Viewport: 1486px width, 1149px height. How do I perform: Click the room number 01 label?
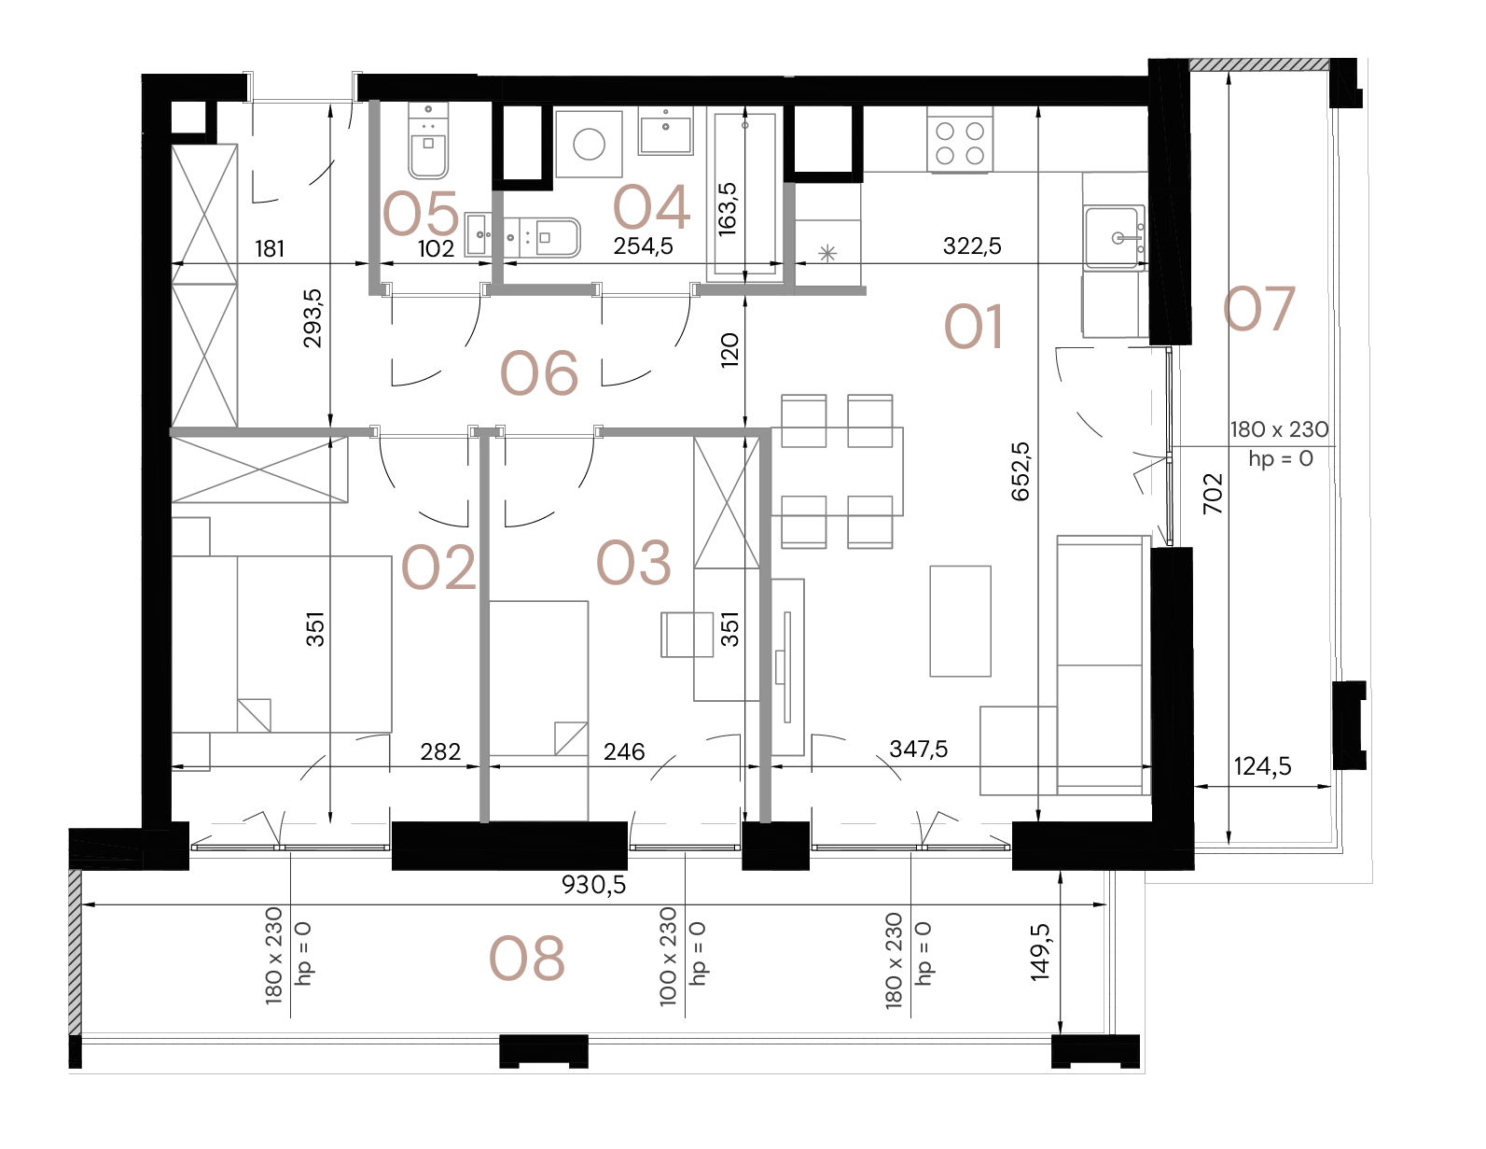[x=973, y=328]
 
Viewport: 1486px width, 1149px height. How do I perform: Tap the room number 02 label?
[x=438, y=567]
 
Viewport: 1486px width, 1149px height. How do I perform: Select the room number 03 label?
[x=633, y=563]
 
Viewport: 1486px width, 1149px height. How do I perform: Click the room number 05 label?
[x=421, y=214]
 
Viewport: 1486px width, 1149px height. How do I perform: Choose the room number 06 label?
[x=539, y=373]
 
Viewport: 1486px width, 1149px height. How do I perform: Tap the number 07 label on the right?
[x=1259, y=309]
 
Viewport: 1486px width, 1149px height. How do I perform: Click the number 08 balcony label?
[x=527, y=959]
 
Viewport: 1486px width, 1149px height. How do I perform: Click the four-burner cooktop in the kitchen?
[x=960, y=139]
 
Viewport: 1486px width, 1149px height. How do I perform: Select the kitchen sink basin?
[x=1114, y=238]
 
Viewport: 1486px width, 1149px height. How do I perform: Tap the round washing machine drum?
[x=589, y=144]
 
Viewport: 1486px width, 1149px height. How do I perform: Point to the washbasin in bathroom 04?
[x=665, y=130]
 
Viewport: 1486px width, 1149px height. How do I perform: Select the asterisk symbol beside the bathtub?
[x=826, y=252]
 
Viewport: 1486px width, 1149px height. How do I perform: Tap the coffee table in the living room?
[x=960, y=620]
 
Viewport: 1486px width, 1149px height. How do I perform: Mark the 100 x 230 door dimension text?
[x=668, y=956]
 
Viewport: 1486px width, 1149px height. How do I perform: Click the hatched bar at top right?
[x=1258, y=64]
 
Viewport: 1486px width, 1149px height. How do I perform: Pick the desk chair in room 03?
[x=687, y=635]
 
